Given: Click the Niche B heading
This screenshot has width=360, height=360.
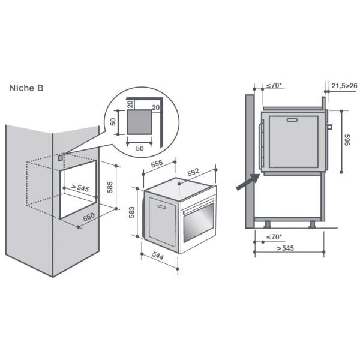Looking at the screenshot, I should pos(26,88).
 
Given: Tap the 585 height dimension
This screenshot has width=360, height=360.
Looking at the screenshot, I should pos(109,187).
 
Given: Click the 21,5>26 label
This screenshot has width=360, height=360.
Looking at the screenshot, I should pos(344,86).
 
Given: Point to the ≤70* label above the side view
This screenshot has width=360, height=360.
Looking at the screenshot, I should pos(274,86).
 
